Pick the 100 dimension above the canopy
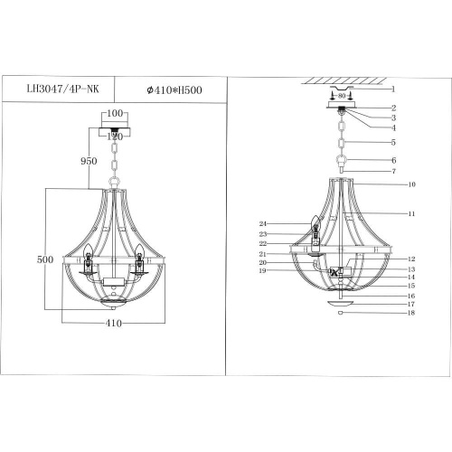[x=115, y=114]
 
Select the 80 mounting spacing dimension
[x=341, y=96]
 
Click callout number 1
[x=394, y=89]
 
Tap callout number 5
[x=394, y=142]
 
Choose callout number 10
[x=411, y=184]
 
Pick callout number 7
[x=394, y=171]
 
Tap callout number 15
[x=410, y=286]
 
